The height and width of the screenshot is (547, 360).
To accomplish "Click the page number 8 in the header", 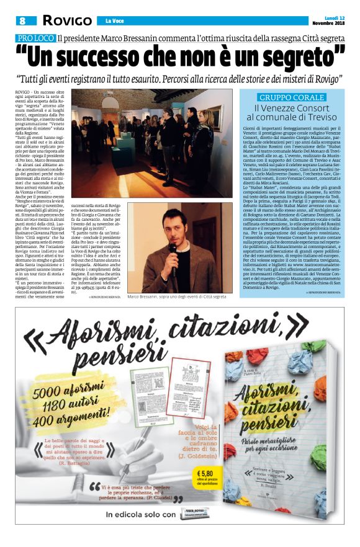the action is (x=22, y=21).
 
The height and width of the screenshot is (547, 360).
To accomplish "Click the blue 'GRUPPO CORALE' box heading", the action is (x=292, y=97).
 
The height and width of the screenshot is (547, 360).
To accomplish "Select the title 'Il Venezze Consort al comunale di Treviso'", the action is (x=292, y=112).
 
